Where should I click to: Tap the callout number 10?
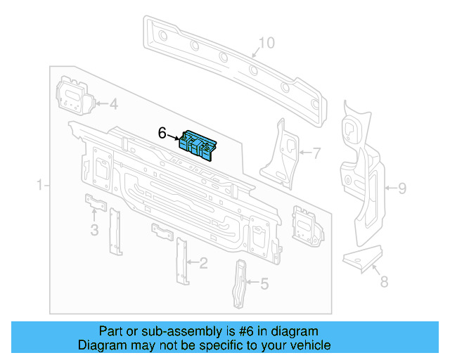(x=265, y=44)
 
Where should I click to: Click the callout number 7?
(x=316, y=152)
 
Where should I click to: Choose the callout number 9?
(x=402, y=188)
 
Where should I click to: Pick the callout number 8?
(x=383, y=283)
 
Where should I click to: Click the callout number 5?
(x=264, y=284)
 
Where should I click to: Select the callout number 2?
(x=203, y=264)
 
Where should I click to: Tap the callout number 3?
(x=94, y=230)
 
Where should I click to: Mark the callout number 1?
(x=40, y=186)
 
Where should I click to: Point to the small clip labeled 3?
(x=96, y=203)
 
